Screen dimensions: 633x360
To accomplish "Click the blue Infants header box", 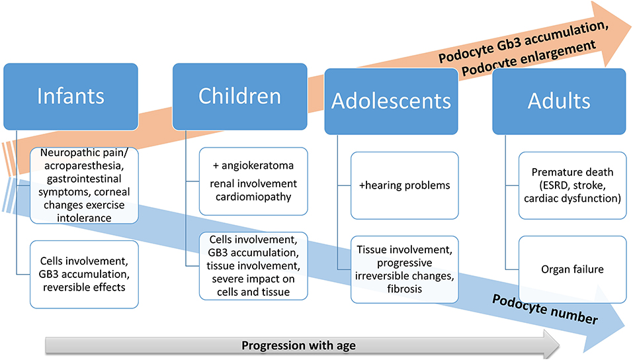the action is pos(71,97).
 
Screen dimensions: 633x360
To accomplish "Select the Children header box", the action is pos(240,97).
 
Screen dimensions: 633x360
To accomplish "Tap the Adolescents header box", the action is pos(391,101).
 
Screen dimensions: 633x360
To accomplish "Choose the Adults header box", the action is pos(559,101).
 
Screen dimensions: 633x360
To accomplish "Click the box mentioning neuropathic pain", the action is pos(84,185).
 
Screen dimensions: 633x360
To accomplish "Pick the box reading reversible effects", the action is pos(84,275).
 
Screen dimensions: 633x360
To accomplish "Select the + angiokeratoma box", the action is pos(253,181).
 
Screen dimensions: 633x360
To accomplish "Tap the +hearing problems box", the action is pos(405,185).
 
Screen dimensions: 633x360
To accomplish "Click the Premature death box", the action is pos(572,185).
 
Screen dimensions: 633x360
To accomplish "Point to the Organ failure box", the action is pos(572,269).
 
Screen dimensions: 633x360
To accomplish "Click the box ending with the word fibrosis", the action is pos(405,269).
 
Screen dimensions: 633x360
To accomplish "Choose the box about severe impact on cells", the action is pos(253,266).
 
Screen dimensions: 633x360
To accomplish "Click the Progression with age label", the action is pos(299,346).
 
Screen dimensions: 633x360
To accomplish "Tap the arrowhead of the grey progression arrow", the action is pos(552,345).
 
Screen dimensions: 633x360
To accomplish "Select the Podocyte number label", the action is pos(545,310).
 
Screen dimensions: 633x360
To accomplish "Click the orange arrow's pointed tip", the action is pos(630,28).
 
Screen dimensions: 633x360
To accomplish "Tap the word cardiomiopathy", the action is pos(253,197).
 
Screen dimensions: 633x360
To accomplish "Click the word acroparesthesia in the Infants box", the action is pos(83,166).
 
